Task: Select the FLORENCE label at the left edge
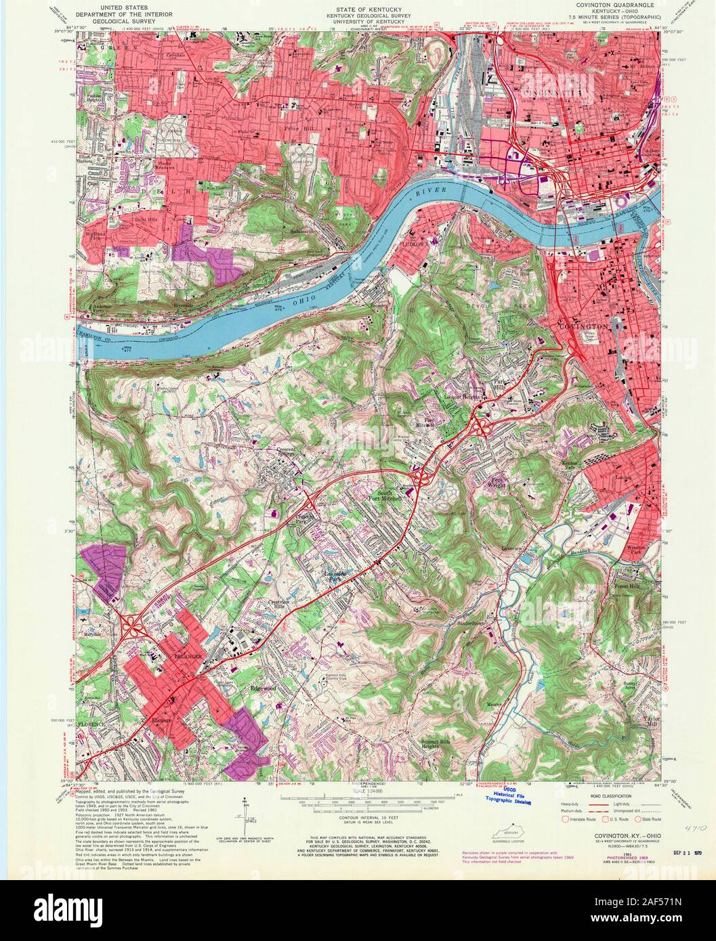click(91, 724)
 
